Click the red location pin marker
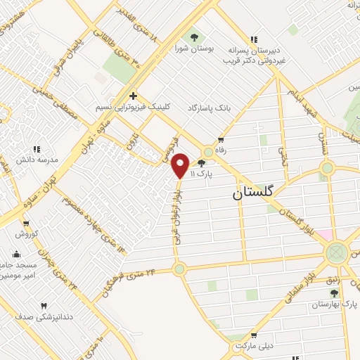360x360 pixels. coord(180,165)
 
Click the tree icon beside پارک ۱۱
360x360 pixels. coord(202,163)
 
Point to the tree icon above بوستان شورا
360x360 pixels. coord(195,37)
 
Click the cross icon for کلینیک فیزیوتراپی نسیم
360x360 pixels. coord(132,95)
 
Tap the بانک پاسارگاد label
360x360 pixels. coord(210,109)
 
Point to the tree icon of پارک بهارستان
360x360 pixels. coord(334,293)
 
